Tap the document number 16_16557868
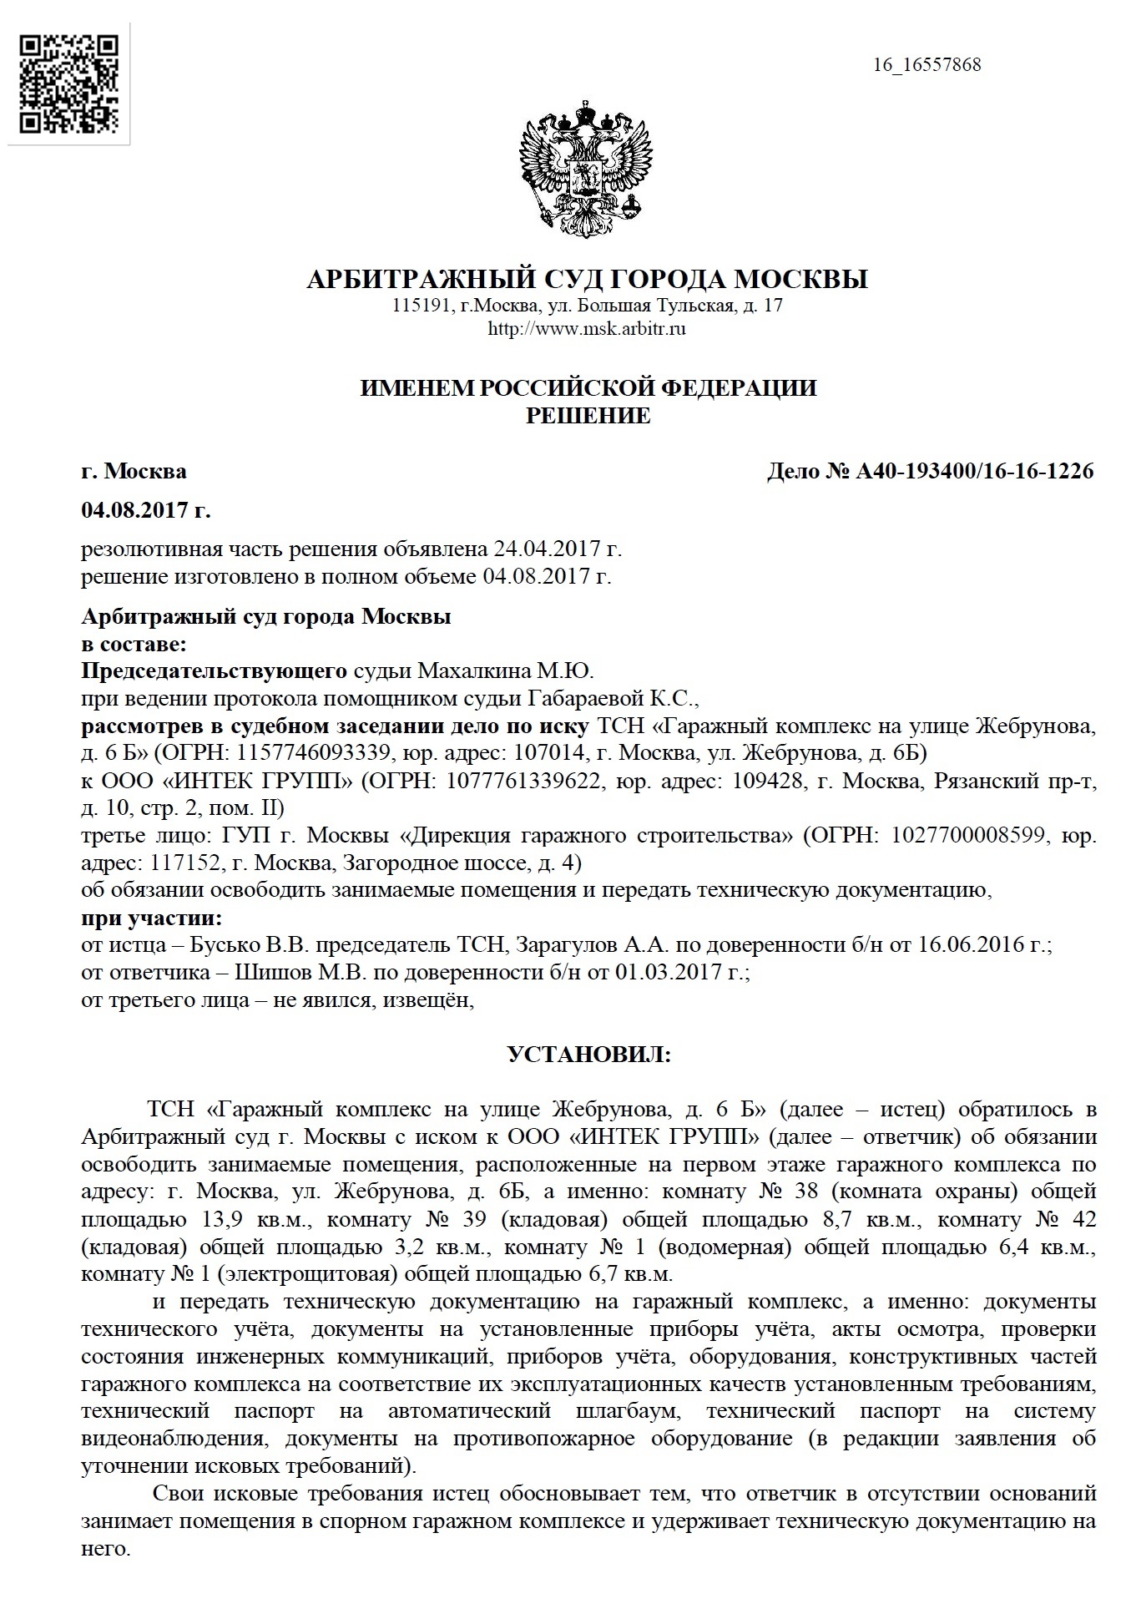(x=927, y=64)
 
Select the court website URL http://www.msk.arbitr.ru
(x=586, y=329)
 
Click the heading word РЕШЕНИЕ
(x=588, y=416)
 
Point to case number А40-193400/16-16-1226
(x=975, y=472)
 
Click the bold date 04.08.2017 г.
(x=145, y=509)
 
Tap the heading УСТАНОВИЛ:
(x=588, y=1055)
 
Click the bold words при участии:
(x=151, y=919)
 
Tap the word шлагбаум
(x=622, y=1411)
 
